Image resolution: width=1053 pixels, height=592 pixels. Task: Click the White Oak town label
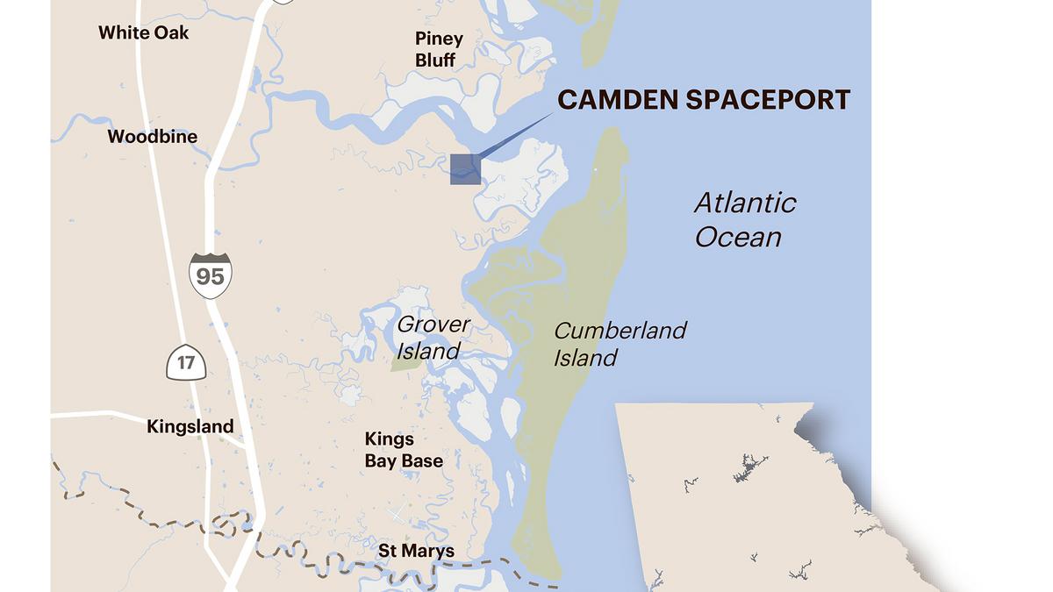point(143,32)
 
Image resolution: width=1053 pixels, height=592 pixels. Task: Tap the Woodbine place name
point(152,136)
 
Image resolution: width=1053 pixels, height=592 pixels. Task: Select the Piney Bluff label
point(438,49)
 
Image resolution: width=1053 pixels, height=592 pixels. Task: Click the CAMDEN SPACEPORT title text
point(704,99)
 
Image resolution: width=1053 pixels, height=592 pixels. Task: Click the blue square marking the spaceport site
point(465,169)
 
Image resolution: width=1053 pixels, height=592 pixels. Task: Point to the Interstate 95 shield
point(210,275)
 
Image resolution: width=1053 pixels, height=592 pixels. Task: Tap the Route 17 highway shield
point(186,361)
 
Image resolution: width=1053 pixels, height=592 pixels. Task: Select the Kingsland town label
point(190,426)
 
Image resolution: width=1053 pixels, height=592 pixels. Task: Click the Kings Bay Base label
point(404,450)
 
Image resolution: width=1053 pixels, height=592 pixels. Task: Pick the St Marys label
point(416,551)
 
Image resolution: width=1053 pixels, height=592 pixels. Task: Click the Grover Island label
point(433,338)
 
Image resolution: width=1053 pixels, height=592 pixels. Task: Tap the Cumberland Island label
point(620,344)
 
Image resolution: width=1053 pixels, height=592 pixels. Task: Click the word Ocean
point(738,237)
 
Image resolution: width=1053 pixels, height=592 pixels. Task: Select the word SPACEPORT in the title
point(768,99)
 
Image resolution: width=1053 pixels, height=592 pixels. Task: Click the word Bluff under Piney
point(435,61)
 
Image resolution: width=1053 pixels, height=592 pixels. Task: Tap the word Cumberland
point(620,331)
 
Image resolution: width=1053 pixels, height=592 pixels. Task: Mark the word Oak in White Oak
point(171,32)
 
